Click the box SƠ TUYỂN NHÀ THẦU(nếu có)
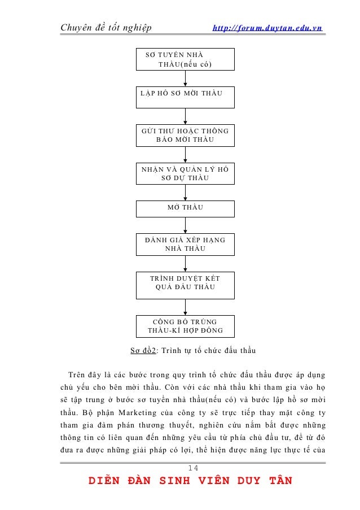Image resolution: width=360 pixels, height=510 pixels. click(x=186, y=59)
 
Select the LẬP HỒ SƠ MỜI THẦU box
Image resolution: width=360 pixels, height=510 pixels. click(x=186, y=97)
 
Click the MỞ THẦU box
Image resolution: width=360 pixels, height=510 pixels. click(x=186, y=207)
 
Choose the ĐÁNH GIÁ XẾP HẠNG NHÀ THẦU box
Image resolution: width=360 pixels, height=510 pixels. click(x=186, y=244)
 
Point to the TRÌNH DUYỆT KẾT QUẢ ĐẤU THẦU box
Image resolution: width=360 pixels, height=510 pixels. click(x=186, y=285)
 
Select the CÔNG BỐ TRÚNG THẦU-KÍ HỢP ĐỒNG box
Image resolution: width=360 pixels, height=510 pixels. click(x=186, y=326)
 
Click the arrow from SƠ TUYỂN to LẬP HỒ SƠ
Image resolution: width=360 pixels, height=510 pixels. click(x=186, y=79)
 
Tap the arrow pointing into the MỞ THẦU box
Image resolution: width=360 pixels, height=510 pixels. click(x=186, y=192)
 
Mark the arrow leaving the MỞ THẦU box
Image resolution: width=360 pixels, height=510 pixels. click(x=186, y=225)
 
